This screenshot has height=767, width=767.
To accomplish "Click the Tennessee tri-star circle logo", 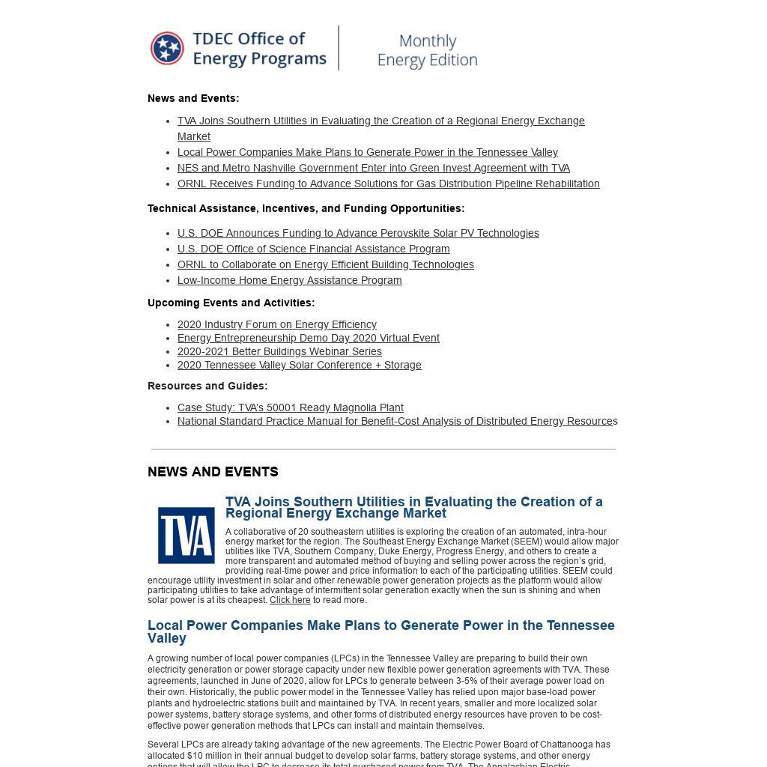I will coord(167,49).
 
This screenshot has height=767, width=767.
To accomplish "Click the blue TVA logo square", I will coord(187,535).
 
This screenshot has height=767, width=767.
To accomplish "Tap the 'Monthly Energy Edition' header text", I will coord(427,50).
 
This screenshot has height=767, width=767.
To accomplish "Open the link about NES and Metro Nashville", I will coord(373,168).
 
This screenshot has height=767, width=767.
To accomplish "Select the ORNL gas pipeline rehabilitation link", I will coord(388,184).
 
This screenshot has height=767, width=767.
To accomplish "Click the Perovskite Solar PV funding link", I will coord(358,233).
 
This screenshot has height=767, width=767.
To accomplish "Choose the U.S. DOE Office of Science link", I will coord(313,249).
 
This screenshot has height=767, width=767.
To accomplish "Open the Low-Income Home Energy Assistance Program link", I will coord(289,280).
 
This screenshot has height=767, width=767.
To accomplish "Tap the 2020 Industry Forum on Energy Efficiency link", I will coord(276,324).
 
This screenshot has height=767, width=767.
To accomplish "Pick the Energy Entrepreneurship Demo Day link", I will coord(308,338).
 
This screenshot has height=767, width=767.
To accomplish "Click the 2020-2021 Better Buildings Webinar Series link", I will coord(279,351).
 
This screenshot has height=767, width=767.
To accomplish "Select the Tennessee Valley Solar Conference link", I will coord(299,365).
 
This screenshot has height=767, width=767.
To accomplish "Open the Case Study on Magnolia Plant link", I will coord(290,407).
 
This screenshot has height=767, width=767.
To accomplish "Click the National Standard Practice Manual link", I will coord(397,421).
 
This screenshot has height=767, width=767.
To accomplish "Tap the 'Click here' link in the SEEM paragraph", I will coord(290,600).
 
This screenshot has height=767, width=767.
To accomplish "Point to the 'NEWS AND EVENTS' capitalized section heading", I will coord(213,472).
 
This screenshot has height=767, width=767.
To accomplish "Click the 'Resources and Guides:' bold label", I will coord(207,386).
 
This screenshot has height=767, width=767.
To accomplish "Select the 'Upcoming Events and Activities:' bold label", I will coord(231,303).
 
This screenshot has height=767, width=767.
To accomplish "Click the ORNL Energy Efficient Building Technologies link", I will coord(325,264).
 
